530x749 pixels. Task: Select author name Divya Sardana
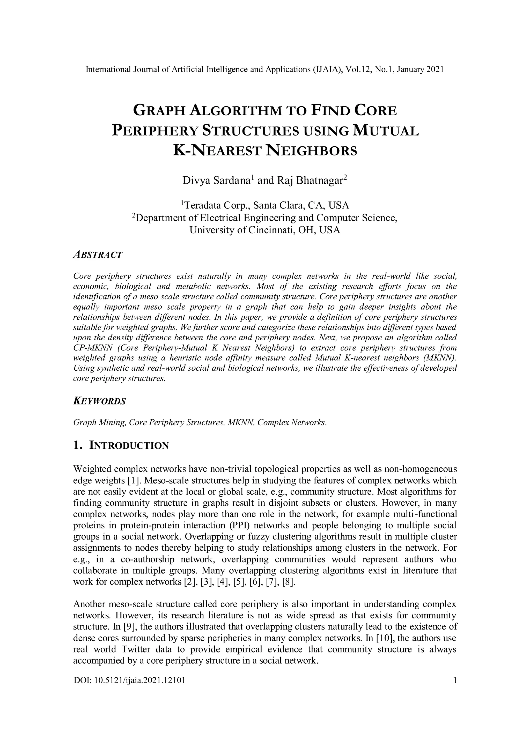click(216, 181)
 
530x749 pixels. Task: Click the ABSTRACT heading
click(98, 255)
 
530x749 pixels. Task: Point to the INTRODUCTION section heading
click(129, 446)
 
